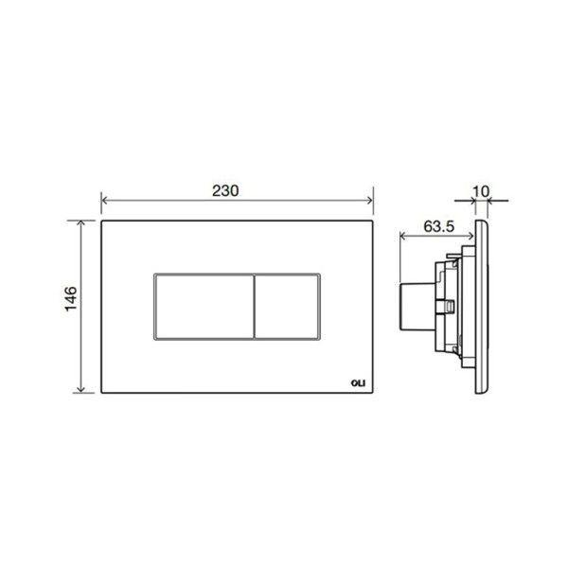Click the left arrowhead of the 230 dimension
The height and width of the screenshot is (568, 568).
[104, 202]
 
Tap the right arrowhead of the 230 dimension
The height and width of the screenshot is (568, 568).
[371, 202]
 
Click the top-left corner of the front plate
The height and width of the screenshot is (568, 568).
[101, 222]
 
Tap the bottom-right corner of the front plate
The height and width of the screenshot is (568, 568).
[374, 394]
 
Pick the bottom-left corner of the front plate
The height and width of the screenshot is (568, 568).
[101, 394]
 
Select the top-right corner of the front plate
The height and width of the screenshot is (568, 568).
[374, 222]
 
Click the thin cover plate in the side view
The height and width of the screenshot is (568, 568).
[483, 308]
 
